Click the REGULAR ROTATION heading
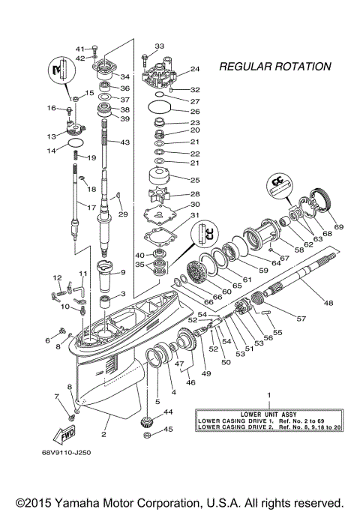(274, 67)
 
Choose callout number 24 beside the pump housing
(195, 69)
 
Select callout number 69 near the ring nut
(338, 226)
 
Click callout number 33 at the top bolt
(159, 46)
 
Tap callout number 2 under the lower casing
(104, 434)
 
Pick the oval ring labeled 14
(76, 142)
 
